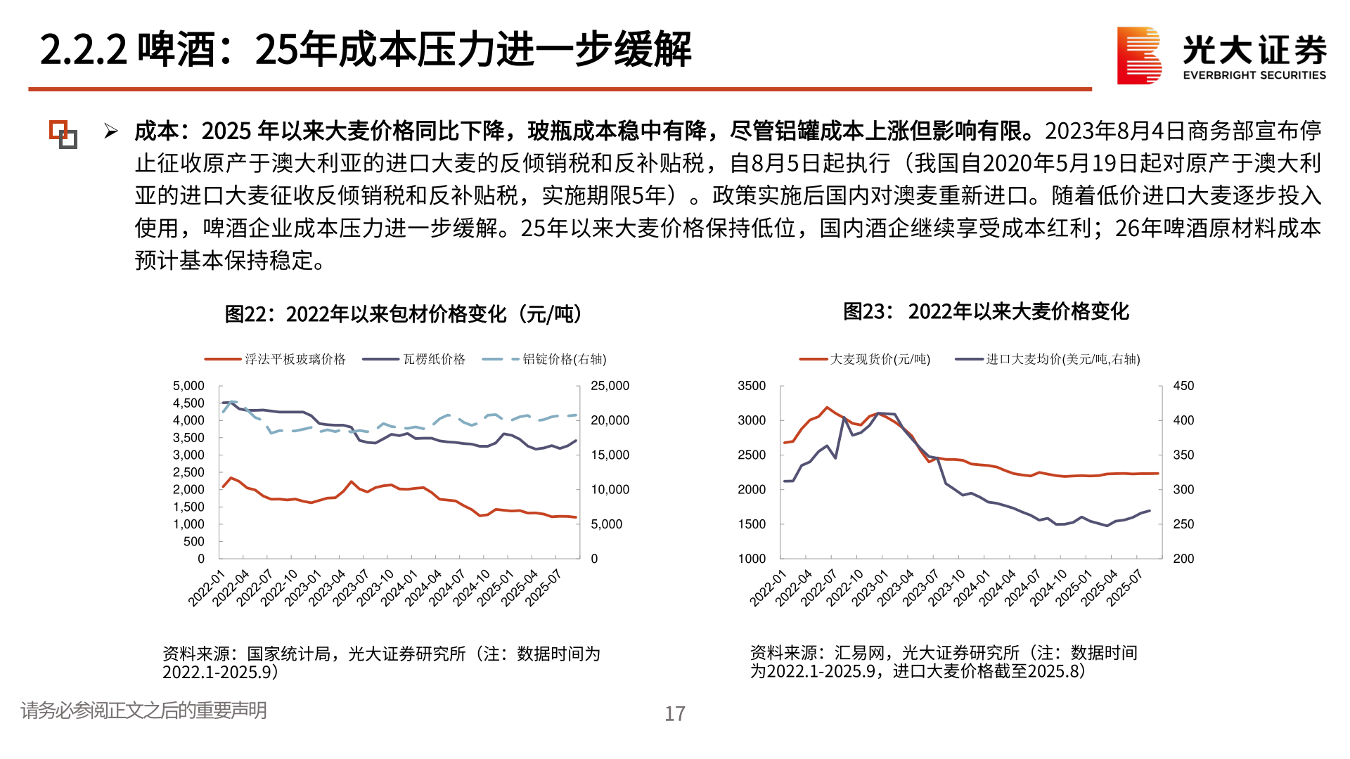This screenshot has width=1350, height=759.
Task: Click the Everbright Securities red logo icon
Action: coord(1139,56)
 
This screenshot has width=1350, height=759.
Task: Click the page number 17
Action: coord(675,714)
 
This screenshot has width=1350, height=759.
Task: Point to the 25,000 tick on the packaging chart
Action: coord(610,386)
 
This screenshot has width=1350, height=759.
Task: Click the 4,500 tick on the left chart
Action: coord(188,403)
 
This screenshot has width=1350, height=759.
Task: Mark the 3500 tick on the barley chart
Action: coord(752,386)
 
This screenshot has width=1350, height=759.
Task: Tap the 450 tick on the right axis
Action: coord(1183,386)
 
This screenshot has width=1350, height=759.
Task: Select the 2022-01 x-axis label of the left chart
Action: coord(205,589)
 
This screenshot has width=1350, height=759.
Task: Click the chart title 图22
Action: coord(403,314)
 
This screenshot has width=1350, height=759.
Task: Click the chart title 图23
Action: coord(986,311)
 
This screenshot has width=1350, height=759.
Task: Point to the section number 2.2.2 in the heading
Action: coord(83,50)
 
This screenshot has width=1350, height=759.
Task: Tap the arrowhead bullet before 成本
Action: coord(110,131)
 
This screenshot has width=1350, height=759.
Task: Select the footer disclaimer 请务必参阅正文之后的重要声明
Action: coord(143,711)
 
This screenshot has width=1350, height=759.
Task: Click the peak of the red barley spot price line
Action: coord(828,407)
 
